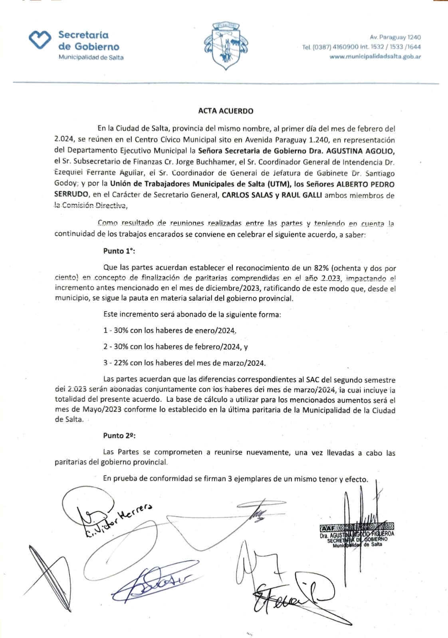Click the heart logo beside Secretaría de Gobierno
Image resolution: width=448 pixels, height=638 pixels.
[40, 40]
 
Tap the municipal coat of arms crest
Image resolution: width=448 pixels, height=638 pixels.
[226, 46]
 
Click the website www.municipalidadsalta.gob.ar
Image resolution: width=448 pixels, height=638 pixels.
[375, 57]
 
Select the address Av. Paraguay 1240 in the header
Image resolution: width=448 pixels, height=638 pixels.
[395, 37]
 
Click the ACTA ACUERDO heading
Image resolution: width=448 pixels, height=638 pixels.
[226, 111]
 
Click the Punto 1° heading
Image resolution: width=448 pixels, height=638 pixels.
[119, 251]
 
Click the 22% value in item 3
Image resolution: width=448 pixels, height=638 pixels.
[121, 363]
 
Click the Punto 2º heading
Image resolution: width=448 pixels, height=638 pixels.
[119, 435]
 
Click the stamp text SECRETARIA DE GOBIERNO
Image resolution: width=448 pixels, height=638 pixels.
[357, 540]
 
